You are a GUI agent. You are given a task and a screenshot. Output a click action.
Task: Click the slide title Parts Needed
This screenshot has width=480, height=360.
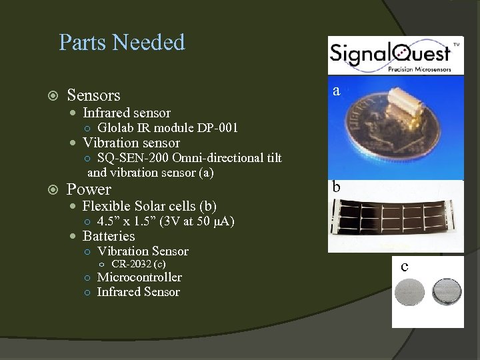[121, 43]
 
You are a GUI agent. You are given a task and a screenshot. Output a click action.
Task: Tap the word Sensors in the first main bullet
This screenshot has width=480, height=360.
[94, 95]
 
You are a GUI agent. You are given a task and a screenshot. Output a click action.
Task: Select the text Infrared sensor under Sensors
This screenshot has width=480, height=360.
[126, 113]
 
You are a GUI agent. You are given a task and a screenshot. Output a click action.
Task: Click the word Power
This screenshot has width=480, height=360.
[89, 189]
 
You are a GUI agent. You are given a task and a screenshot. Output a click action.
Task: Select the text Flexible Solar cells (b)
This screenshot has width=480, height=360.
[149, 206]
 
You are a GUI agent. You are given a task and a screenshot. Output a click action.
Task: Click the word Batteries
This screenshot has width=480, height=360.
[108, 236]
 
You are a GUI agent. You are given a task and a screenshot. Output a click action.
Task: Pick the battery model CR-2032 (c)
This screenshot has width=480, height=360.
[139, 265]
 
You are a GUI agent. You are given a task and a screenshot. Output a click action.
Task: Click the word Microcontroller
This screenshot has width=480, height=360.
[139, 277]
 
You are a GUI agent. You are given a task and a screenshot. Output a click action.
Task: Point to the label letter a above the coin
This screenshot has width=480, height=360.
[337, 90]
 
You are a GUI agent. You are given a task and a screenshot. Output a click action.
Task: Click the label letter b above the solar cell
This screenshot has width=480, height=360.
[337, 187]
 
